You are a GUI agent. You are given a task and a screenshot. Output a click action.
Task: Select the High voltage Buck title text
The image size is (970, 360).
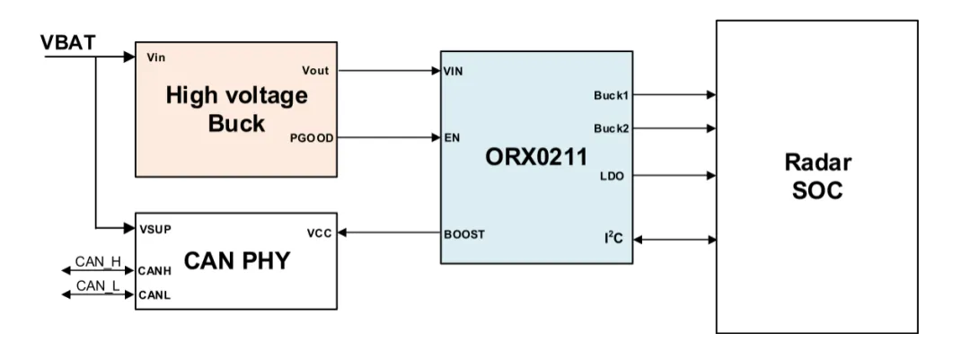(x=236, y=109)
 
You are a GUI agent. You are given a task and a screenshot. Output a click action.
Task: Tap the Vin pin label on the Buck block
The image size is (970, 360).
(x=155, y=57)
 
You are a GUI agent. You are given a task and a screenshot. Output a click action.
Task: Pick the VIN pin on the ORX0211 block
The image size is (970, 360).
(x=454, y=71)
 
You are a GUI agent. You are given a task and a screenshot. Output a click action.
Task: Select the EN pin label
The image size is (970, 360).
(x=452, y=138)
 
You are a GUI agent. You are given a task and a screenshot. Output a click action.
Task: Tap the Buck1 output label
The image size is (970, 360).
(x=611, y=93)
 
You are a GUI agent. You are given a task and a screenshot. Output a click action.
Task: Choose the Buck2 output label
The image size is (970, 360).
(x=611, y=127)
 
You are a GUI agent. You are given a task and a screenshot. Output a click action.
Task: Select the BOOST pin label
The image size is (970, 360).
(x=464, y=233)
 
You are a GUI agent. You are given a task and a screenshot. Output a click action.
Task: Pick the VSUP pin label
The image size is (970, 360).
(x=155, y=227)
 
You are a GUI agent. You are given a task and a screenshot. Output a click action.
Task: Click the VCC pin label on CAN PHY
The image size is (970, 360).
(x=319, y=233)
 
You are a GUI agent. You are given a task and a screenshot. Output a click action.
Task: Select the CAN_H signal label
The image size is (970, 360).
(x=97, y=260)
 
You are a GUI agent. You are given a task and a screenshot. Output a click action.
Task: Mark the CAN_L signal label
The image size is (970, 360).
(x=97, y=285)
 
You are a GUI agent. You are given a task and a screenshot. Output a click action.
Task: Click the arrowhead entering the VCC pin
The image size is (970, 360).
(x=343, y=233)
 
